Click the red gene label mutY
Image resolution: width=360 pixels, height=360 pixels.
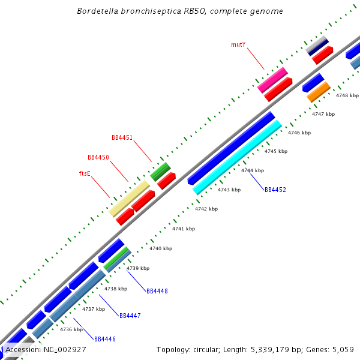pos(238,44)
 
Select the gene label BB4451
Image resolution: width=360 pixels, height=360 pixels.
pos(122,137)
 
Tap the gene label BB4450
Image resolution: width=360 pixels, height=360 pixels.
pos(98,157)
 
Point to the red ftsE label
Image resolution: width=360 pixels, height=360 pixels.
pos(85,173)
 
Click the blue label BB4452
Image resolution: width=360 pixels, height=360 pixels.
pos(275,190)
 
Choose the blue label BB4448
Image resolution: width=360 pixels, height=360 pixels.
pos(157,291)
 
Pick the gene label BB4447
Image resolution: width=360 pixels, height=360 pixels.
pos(130,315)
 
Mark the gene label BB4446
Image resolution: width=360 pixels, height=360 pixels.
pos(104,339)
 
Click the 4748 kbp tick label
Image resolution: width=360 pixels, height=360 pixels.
pos(347,95)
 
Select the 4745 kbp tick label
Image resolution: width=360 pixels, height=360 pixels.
pos(276,151)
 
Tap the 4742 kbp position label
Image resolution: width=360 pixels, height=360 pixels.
pos(206,209)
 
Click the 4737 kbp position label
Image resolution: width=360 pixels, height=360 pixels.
pos(94,309)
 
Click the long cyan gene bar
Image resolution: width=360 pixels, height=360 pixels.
pos(238,157)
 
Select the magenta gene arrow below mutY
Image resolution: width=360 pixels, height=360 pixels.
pos(272,80)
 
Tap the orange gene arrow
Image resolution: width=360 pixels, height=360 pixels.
pos(319,92)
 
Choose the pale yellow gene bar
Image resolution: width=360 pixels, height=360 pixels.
pos(129,199)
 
